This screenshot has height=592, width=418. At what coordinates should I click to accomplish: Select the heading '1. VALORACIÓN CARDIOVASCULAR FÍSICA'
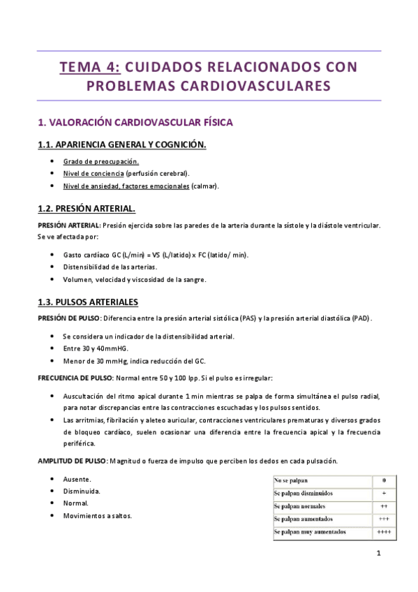135,122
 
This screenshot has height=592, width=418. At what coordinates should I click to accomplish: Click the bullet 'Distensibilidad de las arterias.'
110,267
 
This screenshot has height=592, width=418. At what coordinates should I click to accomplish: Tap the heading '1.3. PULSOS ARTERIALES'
87,302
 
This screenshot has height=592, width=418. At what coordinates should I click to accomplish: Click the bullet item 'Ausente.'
77,479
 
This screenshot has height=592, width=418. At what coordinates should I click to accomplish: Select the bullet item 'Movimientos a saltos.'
97,516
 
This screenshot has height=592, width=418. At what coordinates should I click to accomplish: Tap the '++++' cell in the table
383,532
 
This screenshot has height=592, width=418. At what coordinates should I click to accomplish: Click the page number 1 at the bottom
378,554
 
